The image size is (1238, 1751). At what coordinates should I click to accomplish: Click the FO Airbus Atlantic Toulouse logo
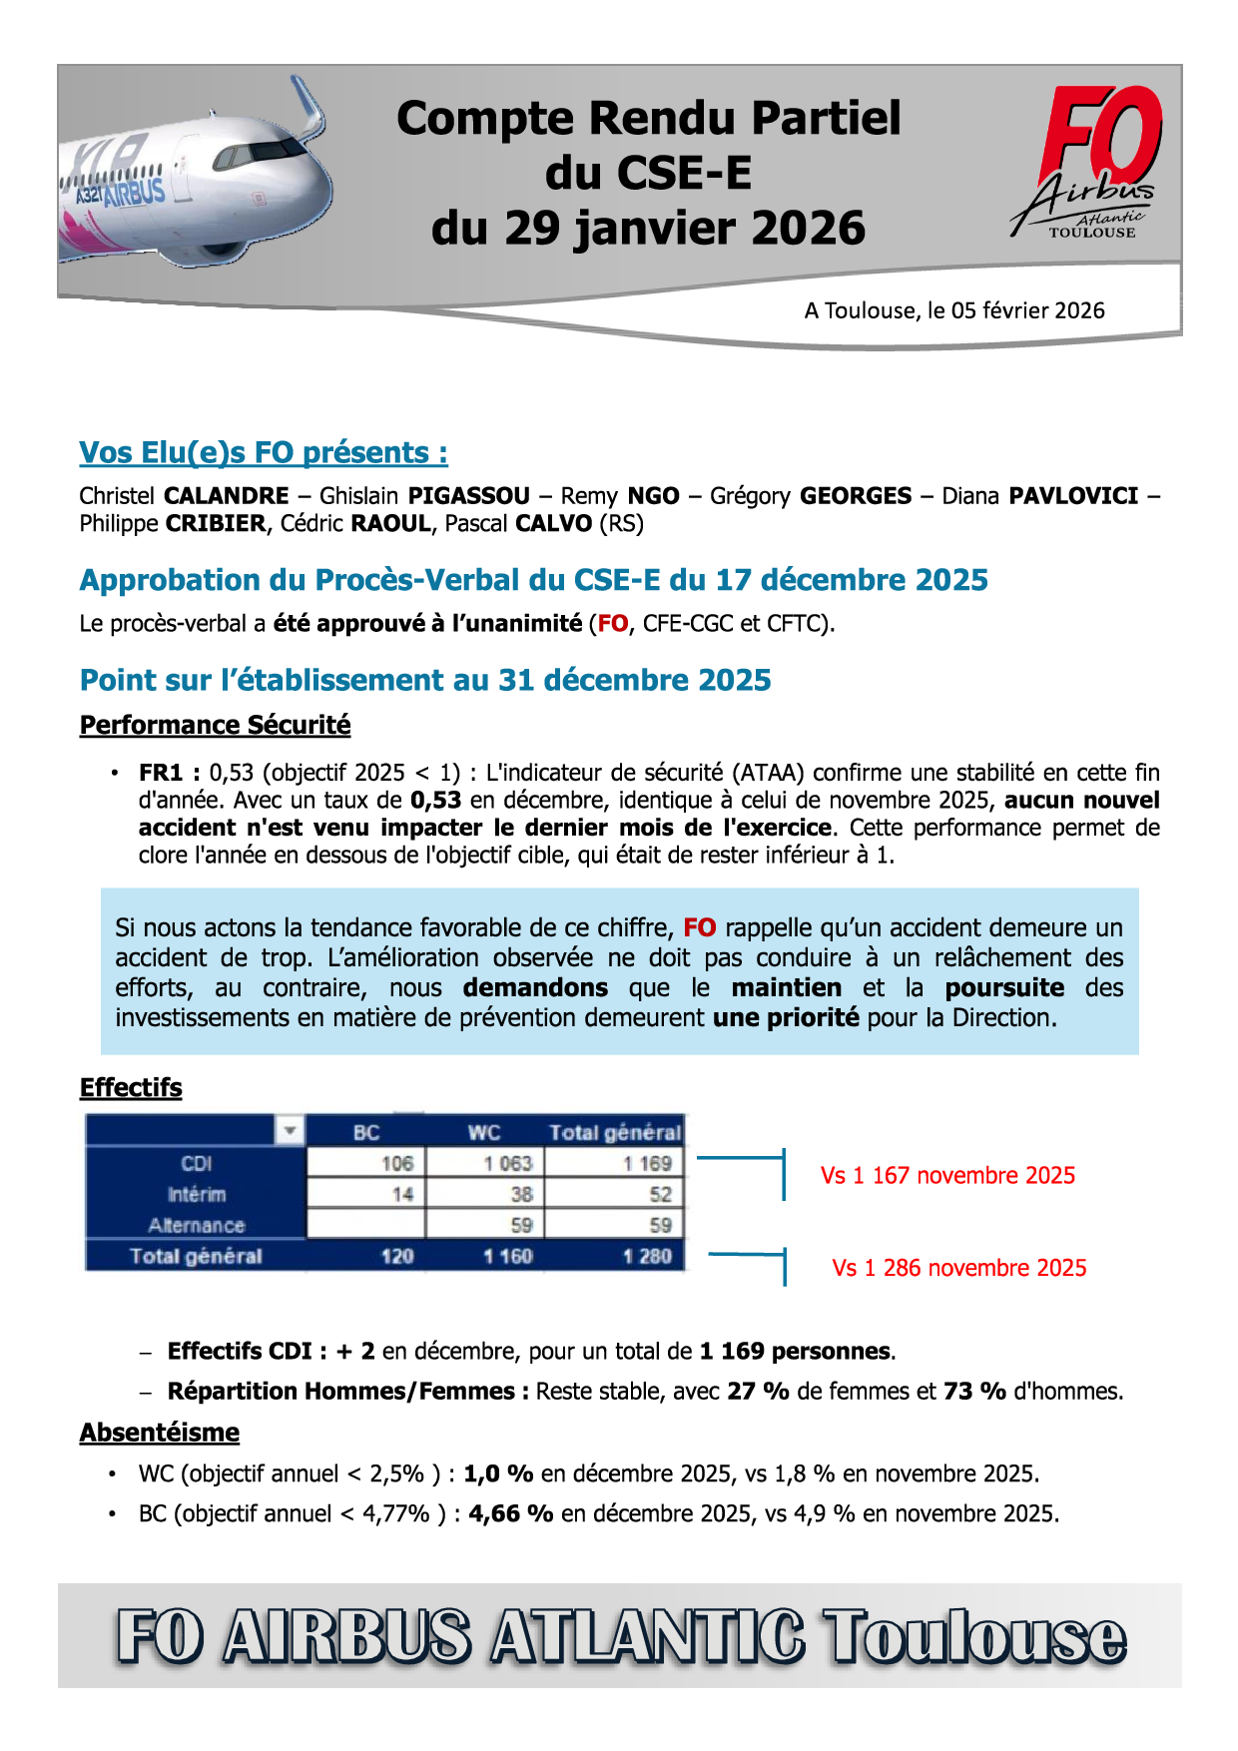pyautogui.click(x=1092, y=163)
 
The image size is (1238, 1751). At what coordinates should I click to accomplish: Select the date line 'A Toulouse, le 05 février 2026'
pyautogui.click(x=954, y=310)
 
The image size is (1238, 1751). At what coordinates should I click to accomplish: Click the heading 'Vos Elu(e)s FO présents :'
pyautogui.click(x=264, y=452)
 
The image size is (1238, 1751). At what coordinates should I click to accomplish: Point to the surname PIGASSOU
pyautogui.click(x=469, y=496)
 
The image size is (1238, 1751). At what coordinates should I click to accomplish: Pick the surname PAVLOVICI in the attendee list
pyautogui.click(x=1073, y=496)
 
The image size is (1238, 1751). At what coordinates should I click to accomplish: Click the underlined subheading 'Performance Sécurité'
pyautogui.click(x=215, y=725)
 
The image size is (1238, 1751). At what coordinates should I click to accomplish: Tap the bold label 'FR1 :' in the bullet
pyautogui.click(x=170, y=773)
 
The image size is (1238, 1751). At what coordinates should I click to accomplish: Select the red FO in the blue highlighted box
pyautogui.click(x=699, y=927)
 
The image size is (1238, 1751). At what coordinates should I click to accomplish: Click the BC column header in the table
pyautogui.click(x=366, y=1132)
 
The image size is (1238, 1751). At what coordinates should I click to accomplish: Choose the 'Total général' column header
pyautogui.click(x=615, y=1132)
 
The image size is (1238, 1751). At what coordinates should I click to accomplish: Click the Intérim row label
pyautogui.click(x=197, y=1194)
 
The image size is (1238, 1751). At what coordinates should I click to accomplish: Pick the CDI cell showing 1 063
pyautogui.click(x=508, y=1163)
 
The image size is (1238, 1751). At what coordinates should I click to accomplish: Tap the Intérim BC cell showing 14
pyautogui.click(x=402, y=1194)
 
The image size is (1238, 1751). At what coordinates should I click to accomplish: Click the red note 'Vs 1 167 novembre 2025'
pyautogui.click(x=947, y=1175)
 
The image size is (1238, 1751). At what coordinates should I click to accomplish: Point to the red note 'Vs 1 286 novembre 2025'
pyautogui.click(x=958, y=1268)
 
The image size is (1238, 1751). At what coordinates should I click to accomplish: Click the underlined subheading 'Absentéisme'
pyautogui.click(x=160, y=1433)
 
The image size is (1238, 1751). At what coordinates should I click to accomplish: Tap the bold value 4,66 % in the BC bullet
pyautogui.click(x=510, y=1513)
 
